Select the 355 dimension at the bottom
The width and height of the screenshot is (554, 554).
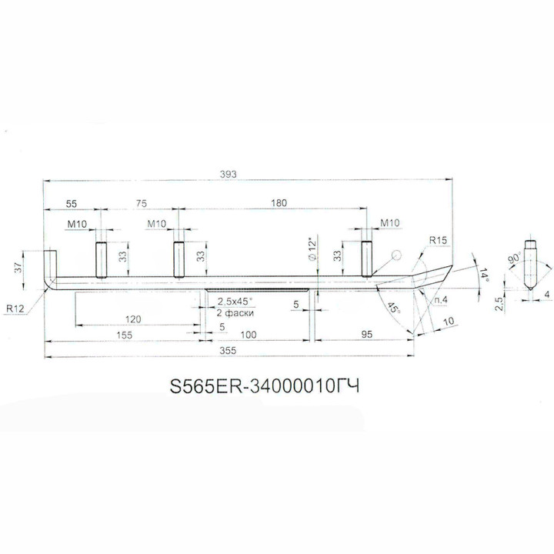(226, 350)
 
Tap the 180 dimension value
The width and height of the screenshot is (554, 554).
(279, 203)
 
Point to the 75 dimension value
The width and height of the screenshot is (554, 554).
(140, 203)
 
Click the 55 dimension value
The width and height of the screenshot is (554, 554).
(71, 203)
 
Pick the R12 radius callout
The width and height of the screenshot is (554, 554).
(15, 308)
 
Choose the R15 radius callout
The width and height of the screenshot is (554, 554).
(439, 241)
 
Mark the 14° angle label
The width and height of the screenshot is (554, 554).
(482, 276)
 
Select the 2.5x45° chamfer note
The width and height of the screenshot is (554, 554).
(237, 301)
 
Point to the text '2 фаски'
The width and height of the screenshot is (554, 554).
(235, 314)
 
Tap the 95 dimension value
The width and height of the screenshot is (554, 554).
(365, 335)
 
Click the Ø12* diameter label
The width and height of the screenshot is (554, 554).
(311, 249)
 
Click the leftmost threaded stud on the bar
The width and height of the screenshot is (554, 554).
(100, 261)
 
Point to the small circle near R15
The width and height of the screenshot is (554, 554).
(396, 255)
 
